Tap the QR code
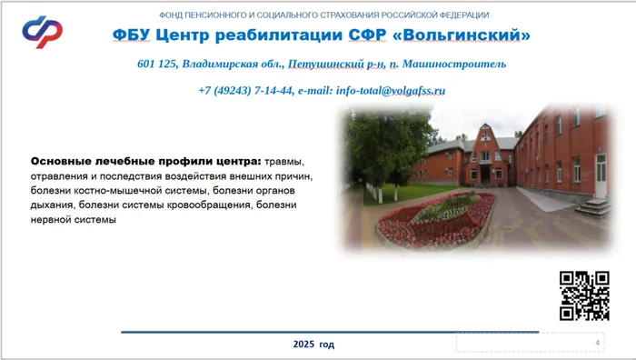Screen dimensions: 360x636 coord(583,295)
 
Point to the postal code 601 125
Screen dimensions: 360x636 coord(157,65)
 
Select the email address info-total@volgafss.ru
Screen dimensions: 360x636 coord(388,91)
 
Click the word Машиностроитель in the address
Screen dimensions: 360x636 coord(452,65)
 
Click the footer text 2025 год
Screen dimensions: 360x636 coord(313,345)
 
